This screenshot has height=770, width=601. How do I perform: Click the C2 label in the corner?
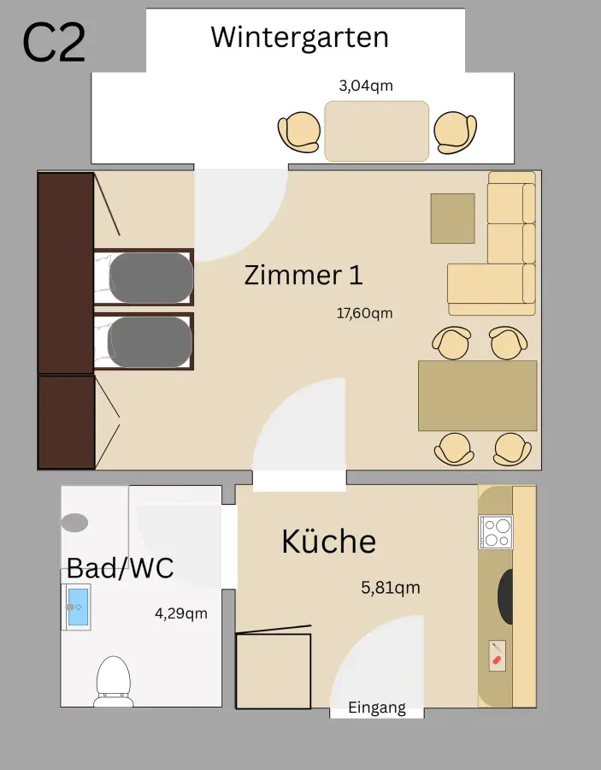[x=54, y=43]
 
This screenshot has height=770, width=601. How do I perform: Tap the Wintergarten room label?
[x=299, y=37]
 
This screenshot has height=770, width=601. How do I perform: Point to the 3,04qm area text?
[x=366, y=86]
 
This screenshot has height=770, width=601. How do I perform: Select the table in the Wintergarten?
[x=376, y=131]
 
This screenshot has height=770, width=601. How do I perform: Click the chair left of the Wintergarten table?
[x=300, y=133]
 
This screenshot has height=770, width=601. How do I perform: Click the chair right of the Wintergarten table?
[x=454, y=132]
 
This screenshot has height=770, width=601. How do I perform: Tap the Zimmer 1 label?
[x=303, y=275]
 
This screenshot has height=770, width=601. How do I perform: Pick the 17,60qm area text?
[x=364, y=313]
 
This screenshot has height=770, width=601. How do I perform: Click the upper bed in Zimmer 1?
[x=149, y=277]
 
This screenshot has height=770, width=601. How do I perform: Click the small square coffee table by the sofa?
[x=452, y=218]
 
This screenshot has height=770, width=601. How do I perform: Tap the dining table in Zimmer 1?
[x=477, y=395]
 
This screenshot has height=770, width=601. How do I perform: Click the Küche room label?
[x=328, y=542]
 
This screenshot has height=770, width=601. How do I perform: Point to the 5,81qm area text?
[x=391, y=588]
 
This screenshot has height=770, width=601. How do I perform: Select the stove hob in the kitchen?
[x=496, y=531]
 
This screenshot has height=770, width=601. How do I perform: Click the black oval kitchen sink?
[x=505, y=597]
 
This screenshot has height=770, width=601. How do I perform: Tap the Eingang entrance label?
[x=377, y=708]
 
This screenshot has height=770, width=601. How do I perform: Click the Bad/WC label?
[x=121, y=567]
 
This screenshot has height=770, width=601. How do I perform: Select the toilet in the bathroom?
[x=113, y=679]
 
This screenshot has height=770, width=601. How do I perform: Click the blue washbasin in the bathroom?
[x=77, y=607]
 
